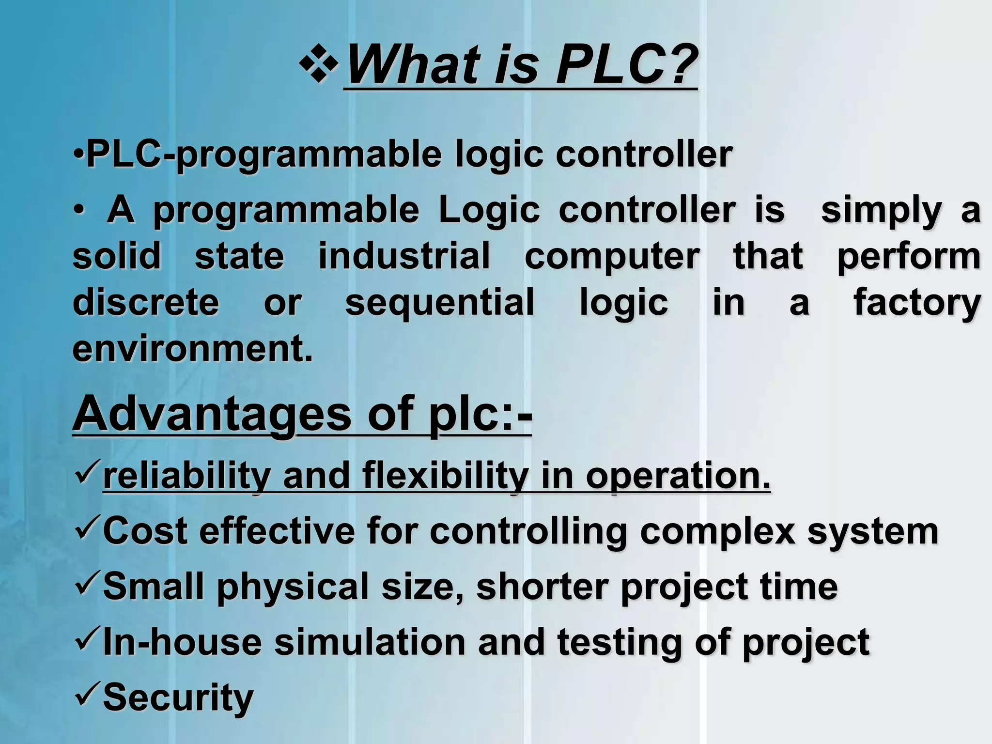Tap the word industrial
[404, 256]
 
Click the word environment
[192, 348]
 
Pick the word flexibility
[445, 476]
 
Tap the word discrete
[146, 302]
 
